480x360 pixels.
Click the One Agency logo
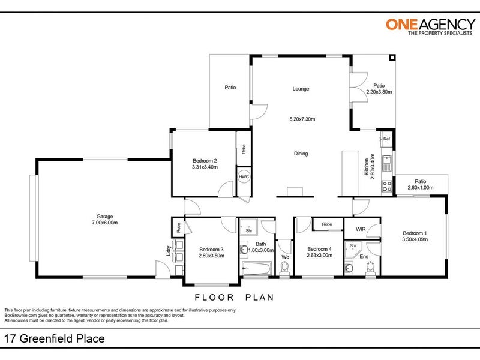[430, 26]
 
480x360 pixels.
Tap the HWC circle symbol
[244, 176]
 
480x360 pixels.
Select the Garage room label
[104, 217]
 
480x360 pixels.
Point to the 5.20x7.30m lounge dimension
[302, 119]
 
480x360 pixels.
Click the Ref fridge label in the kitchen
[386, 139]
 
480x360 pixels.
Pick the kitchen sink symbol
[387, 164]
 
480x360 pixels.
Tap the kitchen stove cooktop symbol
[387, 187]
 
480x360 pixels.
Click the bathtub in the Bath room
[257, 268]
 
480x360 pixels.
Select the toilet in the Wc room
[284, 269]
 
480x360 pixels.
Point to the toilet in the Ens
[370, 269]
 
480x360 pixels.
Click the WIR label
[361, 229]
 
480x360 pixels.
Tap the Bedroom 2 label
[205, 161]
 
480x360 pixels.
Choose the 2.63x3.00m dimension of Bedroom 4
[320, 256]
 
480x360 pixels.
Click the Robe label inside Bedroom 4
[327, 224]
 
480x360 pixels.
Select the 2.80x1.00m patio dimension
[421, 188]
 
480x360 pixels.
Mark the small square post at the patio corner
[392, 58]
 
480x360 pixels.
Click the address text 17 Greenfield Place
[54, 338]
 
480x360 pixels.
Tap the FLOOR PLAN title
[235, 297]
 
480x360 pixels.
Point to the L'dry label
[168, 251]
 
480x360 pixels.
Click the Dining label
[301, 154]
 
